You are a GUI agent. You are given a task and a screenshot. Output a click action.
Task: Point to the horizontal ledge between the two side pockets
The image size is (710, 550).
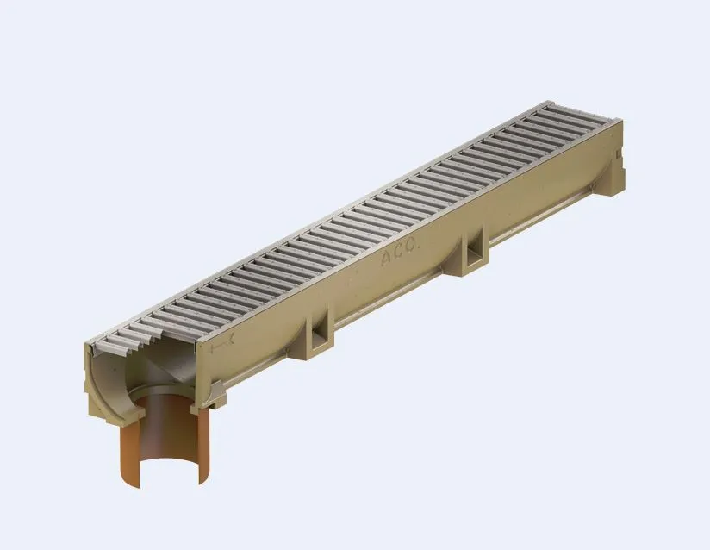coord(396,297)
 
